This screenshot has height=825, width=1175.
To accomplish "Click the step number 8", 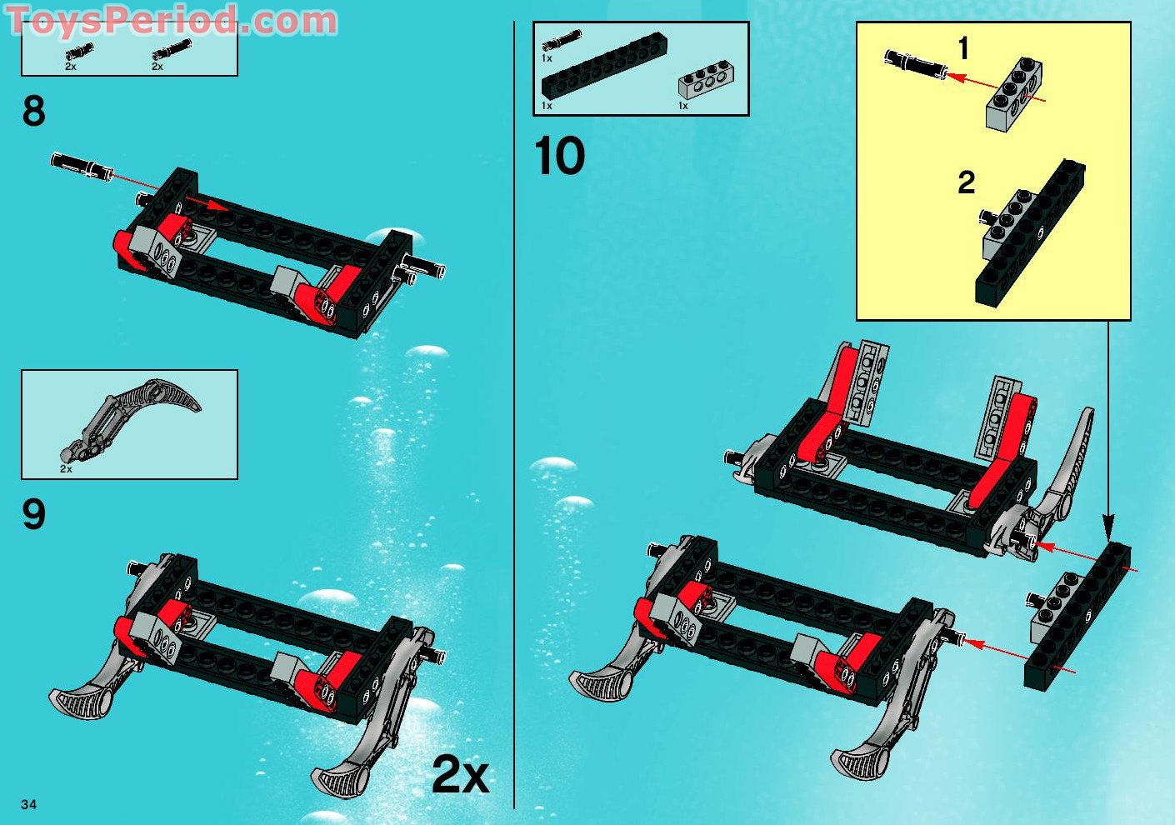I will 34,112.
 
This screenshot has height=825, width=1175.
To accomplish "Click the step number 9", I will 34,514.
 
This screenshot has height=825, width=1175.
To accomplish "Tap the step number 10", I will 559,157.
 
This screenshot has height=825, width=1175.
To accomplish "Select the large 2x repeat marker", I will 460,776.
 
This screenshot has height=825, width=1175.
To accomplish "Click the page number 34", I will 29,804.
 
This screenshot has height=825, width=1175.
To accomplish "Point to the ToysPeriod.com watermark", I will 171,21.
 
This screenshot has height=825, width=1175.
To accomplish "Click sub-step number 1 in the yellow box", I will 963,49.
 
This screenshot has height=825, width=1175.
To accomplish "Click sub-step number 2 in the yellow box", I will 966,182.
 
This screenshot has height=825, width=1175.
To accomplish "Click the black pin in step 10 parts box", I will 561,40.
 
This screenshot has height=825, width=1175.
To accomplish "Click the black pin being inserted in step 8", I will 81,166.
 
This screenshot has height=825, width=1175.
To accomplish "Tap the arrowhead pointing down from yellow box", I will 1107,524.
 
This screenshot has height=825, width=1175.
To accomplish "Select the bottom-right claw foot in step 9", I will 350,771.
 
